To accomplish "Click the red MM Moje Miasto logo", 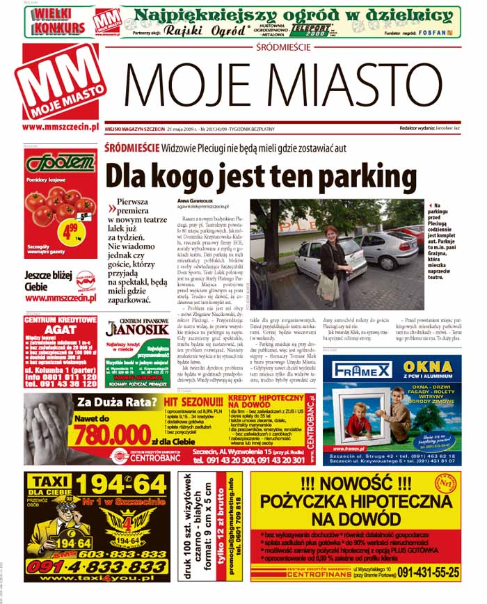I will point(60,83).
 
